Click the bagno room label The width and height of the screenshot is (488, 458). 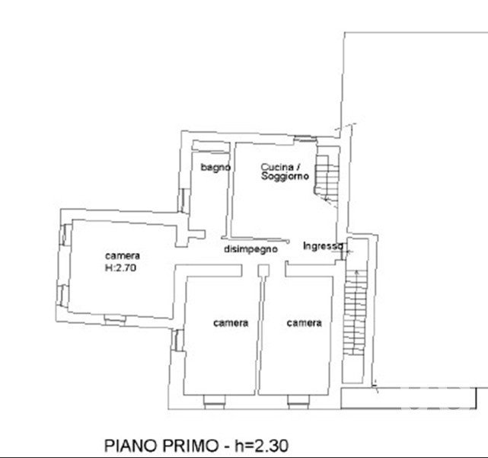click(x=215, y=168)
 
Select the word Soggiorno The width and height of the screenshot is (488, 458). click(x=285, y=176)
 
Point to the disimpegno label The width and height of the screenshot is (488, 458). click(x=250, y=249)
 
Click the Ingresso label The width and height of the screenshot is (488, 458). click(x=323, y=246)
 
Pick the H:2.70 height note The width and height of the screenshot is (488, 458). click(x=121, y=267)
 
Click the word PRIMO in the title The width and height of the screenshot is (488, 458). click(x=190, y=446)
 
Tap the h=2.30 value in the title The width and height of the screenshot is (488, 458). click(x=261, y=446)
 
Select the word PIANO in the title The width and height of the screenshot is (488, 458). click(x=131, y=446)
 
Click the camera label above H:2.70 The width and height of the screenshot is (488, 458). click(x=123, y=256)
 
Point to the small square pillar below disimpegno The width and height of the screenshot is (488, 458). click(x=263, y=270)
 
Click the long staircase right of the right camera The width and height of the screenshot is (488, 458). click(x=355, y=312)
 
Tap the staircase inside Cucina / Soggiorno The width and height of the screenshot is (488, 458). click(x=327, y=178)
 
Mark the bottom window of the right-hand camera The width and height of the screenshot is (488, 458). click(x=298, y=402)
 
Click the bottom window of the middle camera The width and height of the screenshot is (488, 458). click(x=215, y=402)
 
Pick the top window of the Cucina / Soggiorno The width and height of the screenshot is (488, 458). click(x=305, y=139)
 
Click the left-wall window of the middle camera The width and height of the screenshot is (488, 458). click(x=177, y=340)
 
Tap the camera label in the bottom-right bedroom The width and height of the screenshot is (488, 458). click(x=304, y=323)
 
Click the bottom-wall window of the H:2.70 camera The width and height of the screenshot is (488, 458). click(x=115, y=319)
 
